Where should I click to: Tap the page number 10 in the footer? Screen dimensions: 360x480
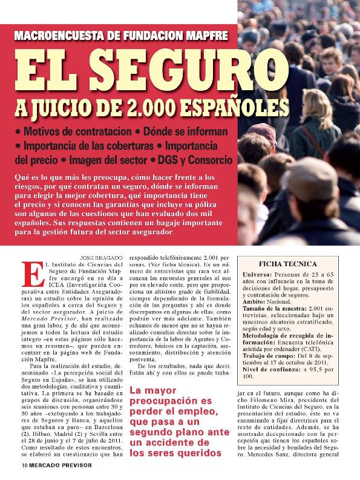pos(18,466)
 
